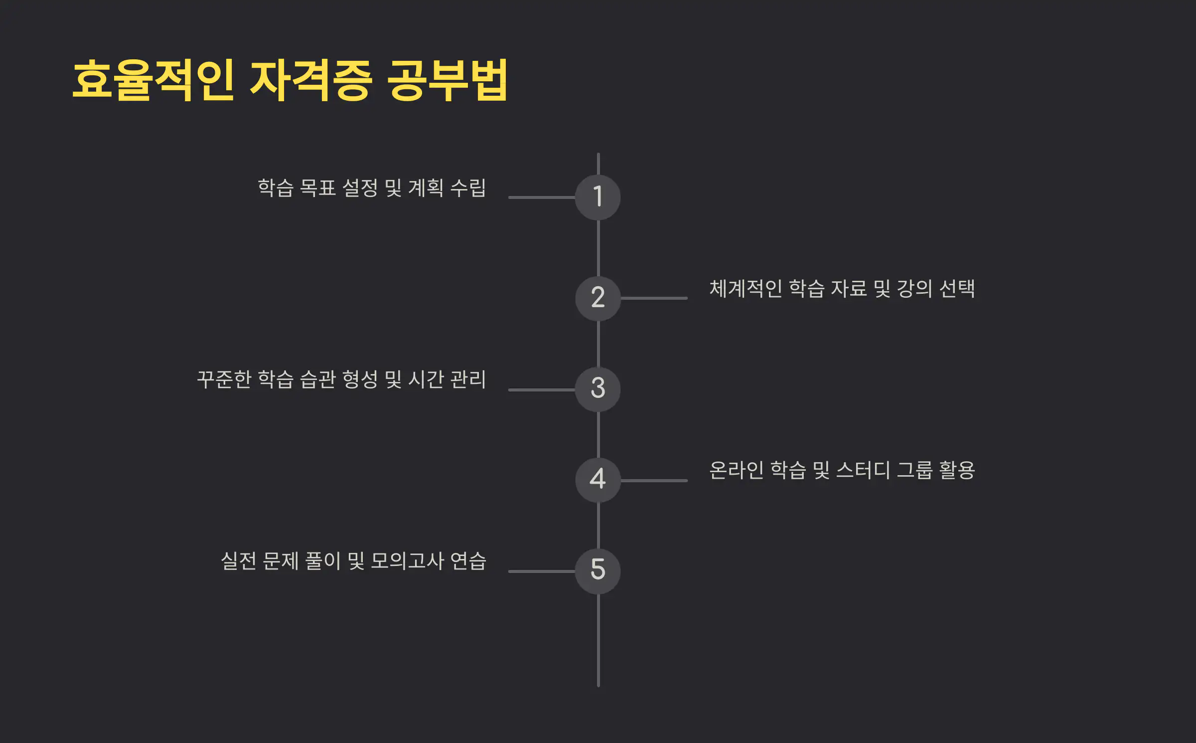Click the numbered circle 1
coord(598,197)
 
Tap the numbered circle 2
coord(598,298)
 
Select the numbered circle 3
coord(598,389)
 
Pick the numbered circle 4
coord(598,480)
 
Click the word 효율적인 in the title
coord(153,80)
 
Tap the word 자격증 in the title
coord(311,80)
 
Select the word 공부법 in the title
coord(447,80)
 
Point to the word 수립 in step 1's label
coord(468,188)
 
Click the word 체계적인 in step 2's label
coord(746,289)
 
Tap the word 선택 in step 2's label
coord(957,289)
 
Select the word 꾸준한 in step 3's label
coord(224,379)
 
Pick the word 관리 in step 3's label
coord(468,379)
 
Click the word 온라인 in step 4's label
coord(736,470)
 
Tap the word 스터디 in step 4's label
coord(863,470)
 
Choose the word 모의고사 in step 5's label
coord(407,561)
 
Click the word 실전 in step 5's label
coord(239,561)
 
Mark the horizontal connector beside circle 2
coord(654,298)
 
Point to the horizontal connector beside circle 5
coord(542,571)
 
